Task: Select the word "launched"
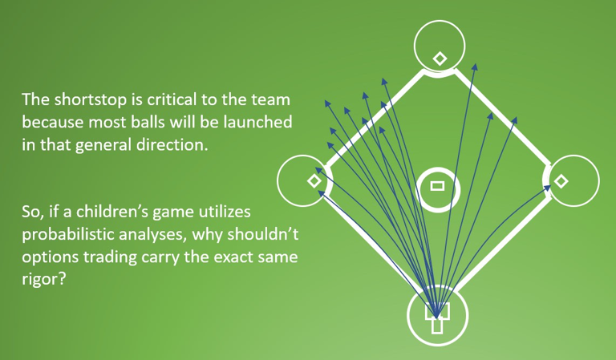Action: pos(259,123)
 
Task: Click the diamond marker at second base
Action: pos(439,58)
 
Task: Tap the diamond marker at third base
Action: pos(314,181)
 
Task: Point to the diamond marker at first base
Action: pos(561,181)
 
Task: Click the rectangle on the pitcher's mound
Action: pos(437,186)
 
